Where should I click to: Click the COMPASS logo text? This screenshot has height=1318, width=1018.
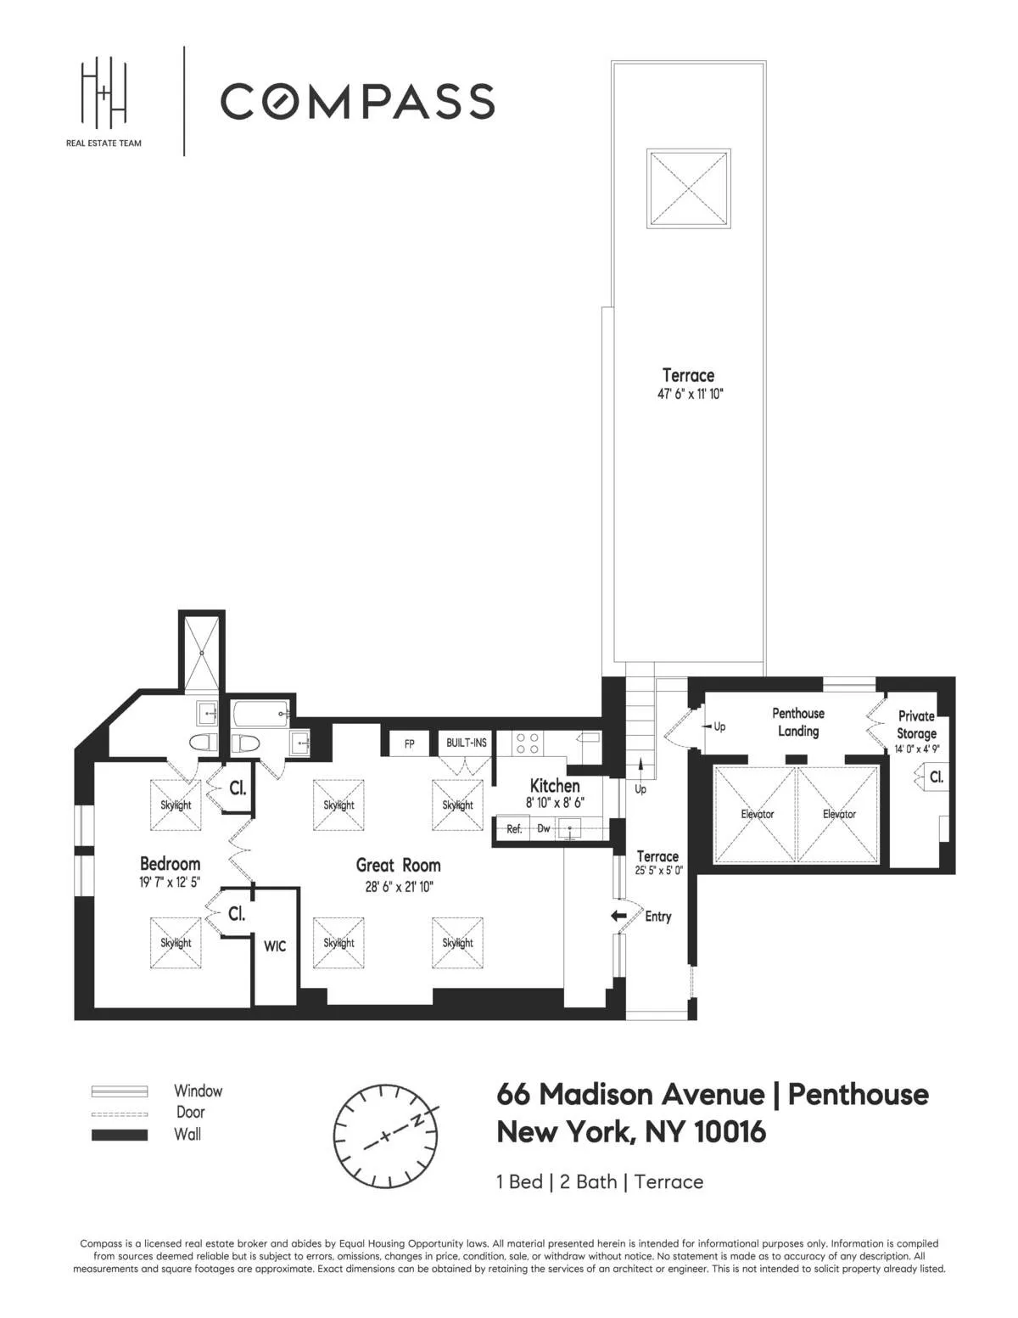[x=357, y=101]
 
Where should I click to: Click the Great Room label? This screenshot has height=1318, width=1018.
[x=398, y=866]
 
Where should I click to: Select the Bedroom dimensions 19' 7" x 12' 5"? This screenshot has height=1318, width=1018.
[x=170, y=883]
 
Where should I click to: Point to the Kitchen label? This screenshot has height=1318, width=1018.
[x=555, y=786]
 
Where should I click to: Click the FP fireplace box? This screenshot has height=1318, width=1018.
[x=410, y=743]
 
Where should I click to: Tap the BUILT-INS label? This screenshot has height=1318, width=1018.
[x=467, y=743]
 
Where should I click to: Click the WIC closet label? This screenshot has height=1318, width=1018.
[x=275, y=946]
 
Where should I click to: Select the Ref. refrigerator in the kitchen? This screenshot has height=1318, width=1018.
[x=514, y=829]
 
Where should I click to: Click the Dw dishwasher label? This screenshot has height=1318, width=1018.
[x=544, y=828]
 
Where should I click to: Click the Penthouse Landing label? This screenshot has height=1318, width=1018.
[x=798, y=722]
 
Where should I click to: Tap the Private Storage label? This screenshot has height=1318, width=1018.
[x=916, y=725]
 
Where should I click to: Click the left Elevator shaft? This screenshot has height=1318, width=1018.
[x=757, y=814]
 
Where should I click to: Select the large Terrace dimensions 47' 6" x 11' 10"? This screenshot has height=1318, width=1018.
[x=688, y=395]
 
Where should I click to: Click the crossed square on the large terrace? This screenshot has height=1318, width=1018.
[x=688, y=188]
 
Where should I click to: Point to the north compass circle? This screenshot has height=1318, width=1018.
[x=386, y=1136]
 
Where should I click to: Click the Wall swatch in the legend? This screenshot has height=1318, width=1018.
[x=120, y=1135]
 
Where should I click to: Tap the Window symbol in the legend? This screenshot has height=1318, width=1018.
[x=120, y=1091]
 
